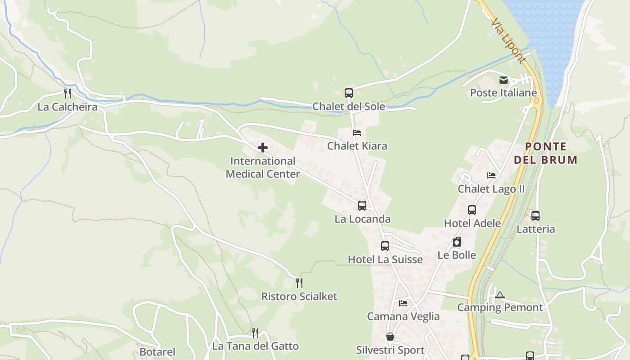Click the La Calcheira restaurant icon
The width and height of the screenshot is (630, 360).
[x=67, y=94]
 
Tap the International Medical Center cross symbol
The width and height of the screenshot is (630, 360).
[x=263, y=148]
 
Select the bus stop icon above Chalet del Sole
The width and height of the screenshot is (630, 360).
[x=349, y=93]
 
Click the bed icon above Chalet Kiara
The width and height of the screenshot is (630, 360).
[x=357, y=133]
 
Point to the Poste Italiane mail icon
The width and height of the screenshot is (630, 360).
[x=503, y=80]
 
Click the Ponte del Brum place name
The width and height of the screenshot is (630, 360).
[x=545, y=153]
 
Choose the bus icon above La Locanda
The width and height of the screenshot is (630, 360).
[x=362, y=206]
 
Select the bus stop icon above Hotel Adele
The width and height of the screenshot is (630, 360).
[x=472, y=210]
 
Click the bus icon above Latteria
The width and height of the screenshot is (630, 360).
[x=535, y=216]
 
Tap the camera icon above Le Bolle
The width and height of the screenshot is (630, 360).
[x=457, y=242]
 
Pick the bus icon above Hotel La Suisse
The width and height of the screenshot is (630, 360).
[x=385, y=246]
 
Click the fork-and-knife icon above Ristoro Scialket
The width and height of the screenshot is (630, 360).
[x=299, y=283]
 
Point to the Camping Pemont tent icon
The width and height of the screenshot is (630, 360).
[x=499, y=295]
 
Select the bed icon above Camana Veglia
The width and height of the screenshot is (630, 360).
[x=403, y=303]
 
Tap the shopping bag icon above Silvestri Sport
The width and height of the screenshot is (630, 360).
[x=390, y=337]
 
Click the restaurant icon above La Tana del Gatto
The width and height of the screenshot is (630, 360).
[x=255, y=333]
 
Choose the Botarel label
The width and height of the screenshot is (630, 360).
[x=157, y=352]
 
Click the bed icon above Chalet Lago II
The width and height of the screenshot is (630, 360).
[x=491, y=175]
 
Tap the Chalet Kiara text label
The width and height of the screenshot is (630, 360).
[x=357, y=146]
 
